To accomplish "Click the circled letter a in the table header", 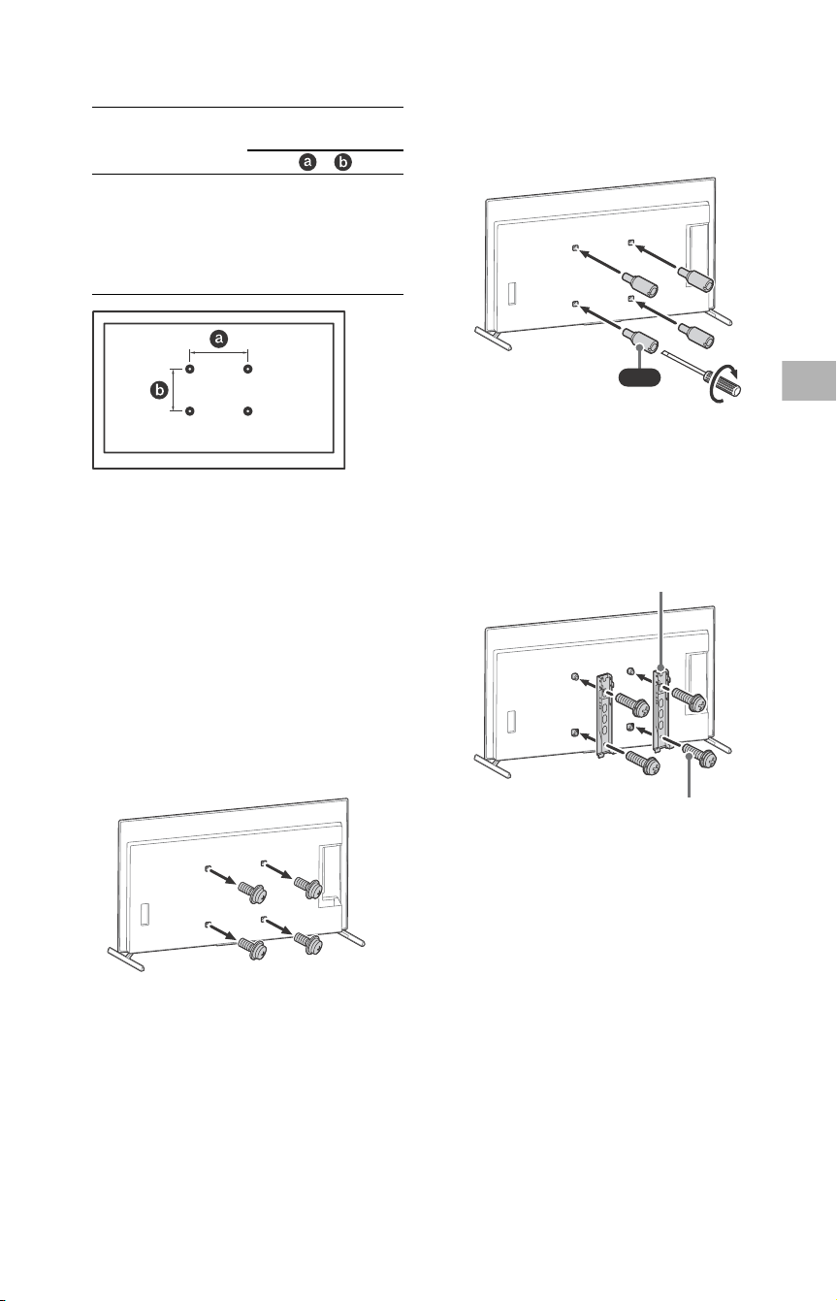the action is pyautogui.click(x=307, y=161).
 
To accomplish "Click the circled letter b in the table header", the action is pyautogui.click(x=342, y=161).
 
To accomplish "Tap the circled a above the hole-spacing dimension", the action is pyautogui.click(x=219, y=339).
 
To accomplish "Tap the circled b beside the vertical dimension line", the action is pyautogui.click(x=159, y=390).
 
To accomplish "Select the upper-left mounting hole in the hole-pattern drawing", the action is pyautogui.click(x=190, y=369).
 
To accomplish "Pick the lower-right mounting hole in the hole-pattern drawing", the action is pyautogui.click(x=248, y=411).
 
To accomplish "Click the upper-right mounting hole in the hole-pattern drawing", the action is pyautogui.click(x=248, y=369).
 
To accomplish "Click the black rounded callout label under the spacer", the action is pyautogui.click(x=638, y=377).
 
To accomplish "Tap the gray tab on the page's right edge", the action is pyautogui.click(x=809, y=380).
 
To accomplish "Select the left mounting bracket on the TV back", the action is pyautogui.click(x=605, y=714).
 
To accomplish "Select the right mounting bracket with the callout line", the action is pyautogui.click(x=661, y=707).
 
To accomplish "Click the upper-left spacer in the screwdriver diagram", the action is pyautogui.click(x=640, y=285).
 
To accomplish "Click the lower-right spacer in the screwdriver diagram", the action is pyautogui.click(x=696, y=334).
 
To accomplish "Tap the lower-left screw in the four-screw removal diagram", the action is pyautogui.click(x=252, y=947).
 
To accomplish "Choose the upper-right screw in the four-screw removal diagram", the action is pyautogui.click(x=308, y=887).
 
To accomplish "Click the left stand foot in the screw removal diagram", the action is pyautogui.click(x=126, y=959).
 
